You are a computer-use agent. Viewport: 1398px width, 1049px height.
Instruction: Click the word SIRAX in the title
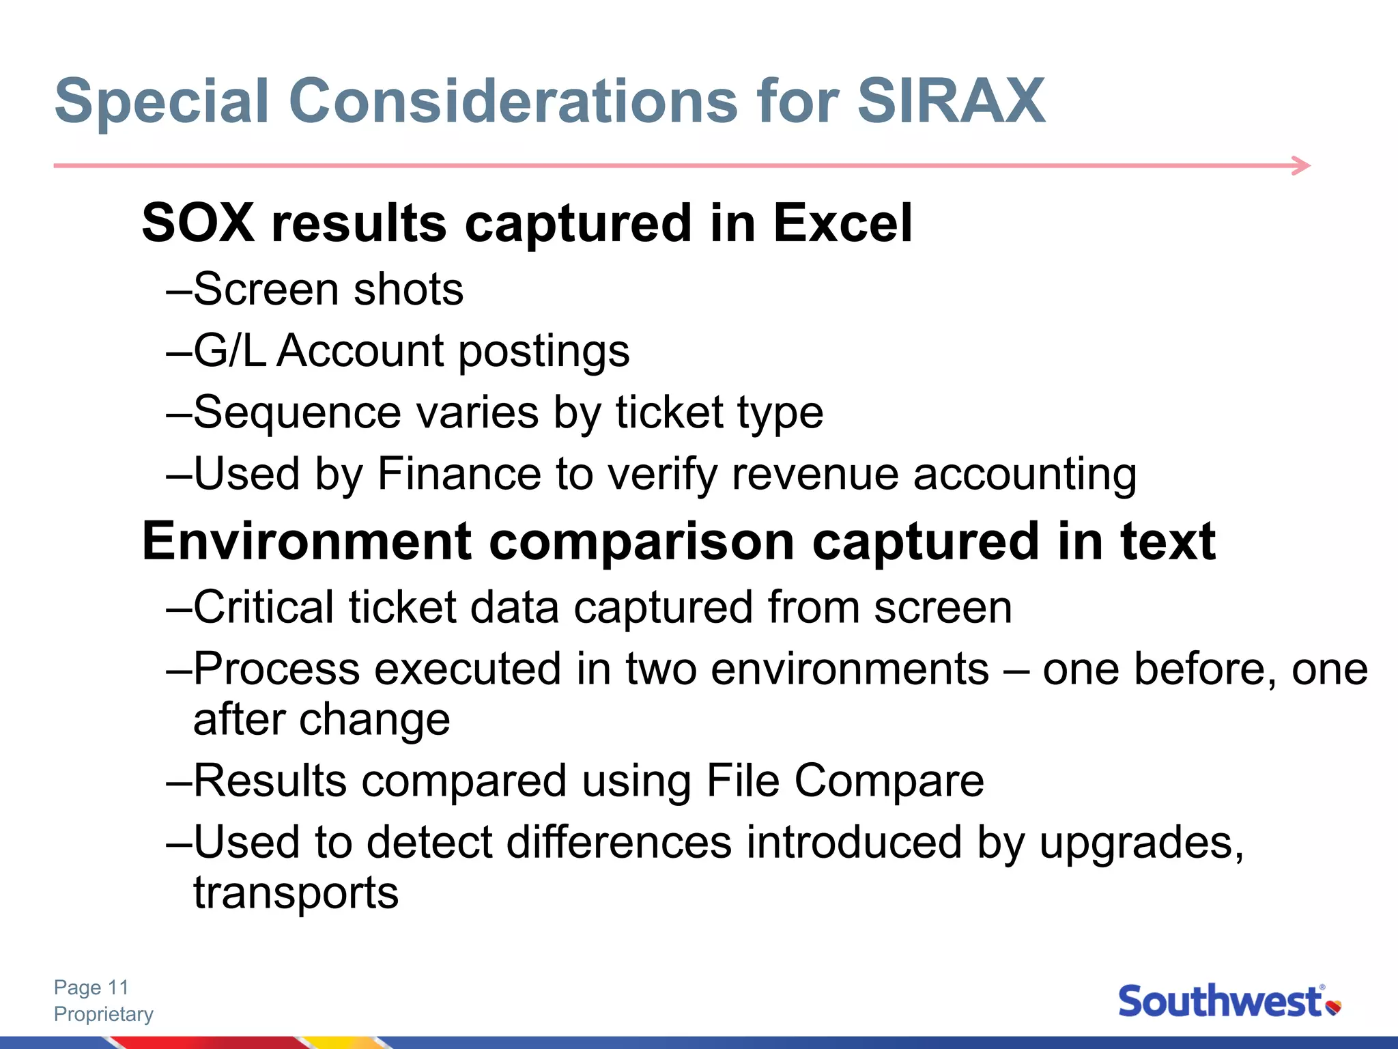tap(950, 101)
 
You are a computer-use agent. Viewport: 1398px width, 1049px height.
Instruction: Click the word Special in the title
tap(162, 102)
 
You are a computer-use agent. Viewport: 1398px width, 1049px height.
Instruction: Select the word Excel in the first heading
tap(842, 223)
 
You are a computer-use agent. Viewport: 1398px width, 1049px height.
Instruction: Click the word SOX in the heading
tap(198, 223)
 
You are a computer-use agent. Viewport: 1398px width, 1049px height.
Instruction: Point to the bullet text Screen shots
tap(328, 290)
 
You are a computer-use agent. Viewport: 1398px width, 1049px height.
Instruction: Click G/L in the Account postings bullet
tap(229, 351)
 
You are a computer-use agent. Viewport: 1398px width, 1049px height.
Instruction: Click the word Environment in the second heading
tap(306, 541)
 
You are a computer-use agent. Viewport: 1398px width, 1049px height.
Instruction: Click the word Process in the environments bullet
tap(276, 669)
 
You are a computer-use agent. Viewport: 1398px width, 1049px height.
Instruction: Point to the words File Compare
tap(844, 781)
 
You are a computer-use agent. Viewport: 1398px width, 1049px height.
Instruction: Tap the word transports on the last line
tap(296, 893)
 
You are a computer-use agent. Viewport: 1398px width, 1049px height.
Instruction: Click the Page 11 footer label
tap(91, 988)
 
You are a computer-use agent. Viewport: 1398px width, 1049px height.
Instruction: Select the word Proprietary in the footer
tap(104, 1014)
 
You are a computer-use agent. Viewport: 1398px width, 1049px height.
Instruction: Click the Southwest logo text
tap(1220, 1002)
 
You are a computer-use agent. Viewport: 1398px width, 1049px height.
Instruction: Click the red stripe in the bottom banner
tap(205, 1042)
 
